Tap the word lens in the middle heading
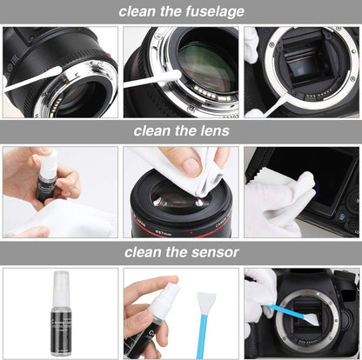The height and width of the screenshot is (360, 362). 212,132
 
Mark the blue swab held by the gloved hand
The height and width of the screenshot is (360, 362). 287,309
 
